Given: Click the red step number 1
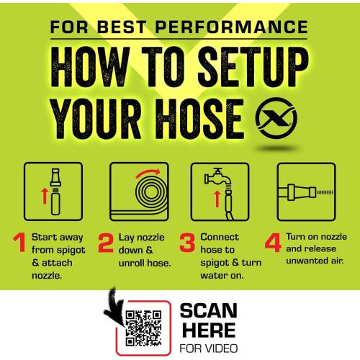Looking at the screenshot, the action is click(x=20, y=243).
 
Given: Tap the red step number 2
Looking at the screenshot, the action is click(x=106, y=243).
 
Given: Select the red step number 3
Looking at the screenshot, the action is click(x=187, y=243).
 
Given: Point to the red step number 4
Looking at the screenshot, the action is click(x=273, y=243).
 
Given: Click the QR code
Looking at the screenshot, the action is click(x=143, y=328).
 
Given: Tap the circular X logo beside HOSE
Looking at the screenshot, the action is click(x=276, y=117).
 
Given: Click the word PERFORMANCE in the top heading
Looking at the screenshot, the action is click(x=232, y=27).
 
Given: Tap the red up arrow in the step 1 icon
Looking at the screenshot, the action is click(x=45, y=196).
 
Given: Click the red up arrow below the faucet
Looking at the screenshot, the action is click(x=217, y=199).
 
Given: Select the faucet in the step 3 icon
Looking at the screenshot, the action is click(x=217, y=177).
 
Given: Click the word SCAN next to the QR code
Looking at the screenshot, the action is click(x=209, y=311).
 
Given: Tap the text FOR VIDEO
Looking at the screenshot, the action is click(x=209, y=348).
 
